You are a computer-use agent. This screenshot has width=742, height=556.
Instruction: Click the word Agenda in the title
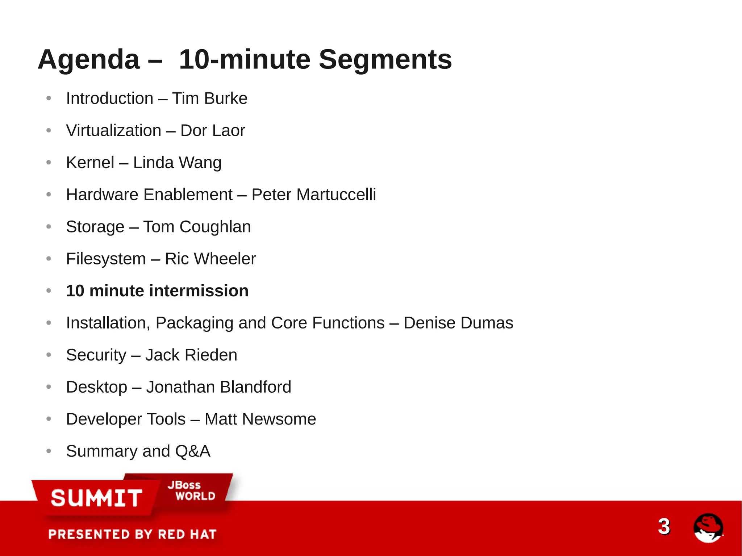[x=88, y=60]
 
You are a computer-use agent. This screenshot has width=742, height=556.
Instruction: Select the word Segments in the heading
[x=385, y=60]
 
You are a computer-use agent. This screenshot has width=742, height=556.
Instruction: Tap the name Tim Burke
[x=209, y=99]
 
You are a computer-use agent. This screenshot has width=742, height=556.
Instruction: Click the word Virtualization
[x=113, y=130]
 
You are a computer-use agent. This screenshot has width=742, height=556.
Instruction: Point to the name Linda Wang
[x=177, y=163]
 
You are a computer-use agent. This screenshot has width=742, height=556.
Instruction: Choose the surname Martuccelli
[x=336, y=195]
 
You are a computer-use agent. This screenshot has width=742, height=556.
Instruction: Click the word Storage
[x=95, y=227]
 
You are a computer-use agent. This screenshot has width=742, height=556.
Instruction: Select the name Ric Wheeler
[x=210, y=259]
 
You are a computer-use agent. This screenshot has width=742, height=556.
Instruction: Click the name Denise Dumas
[x=458, y=323]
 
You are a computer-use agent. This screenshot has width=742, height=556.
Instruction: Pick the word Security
[x=96, y=355]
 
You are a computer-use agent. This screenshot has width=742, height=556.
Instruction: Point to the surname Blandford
[x=255, y=387]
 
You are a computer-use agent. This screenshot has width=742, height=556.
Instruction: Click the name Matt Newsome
[x=260, y=419]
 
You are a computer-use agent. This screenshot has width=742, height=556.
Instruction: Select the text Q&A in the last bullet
[x=192, y=451]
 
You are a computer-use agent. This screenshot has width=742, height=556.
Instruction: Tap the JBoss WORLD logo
[x=191, y=490]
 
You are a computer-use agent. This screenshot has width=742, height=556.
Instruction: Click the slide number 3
[x=664, y=526]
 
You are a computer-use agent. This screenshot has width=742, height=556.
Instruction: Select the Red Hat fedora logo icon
[x=708, y=528]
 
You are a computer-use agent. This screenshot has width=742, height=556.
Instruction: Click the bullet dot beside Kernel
[x=49, y=163]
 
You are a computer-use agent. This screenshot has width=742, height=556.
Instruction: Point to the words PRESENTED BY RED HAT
[x=132, y=534]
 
